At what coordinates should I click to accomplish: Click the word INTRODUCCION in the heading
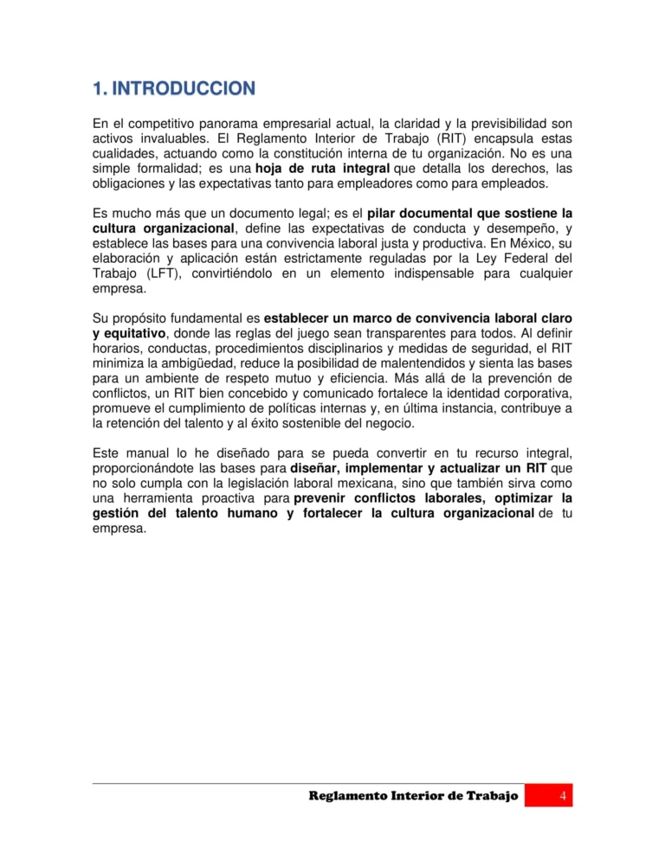184,88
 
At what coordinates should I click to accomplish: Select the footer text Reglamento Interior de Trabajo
414,795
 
